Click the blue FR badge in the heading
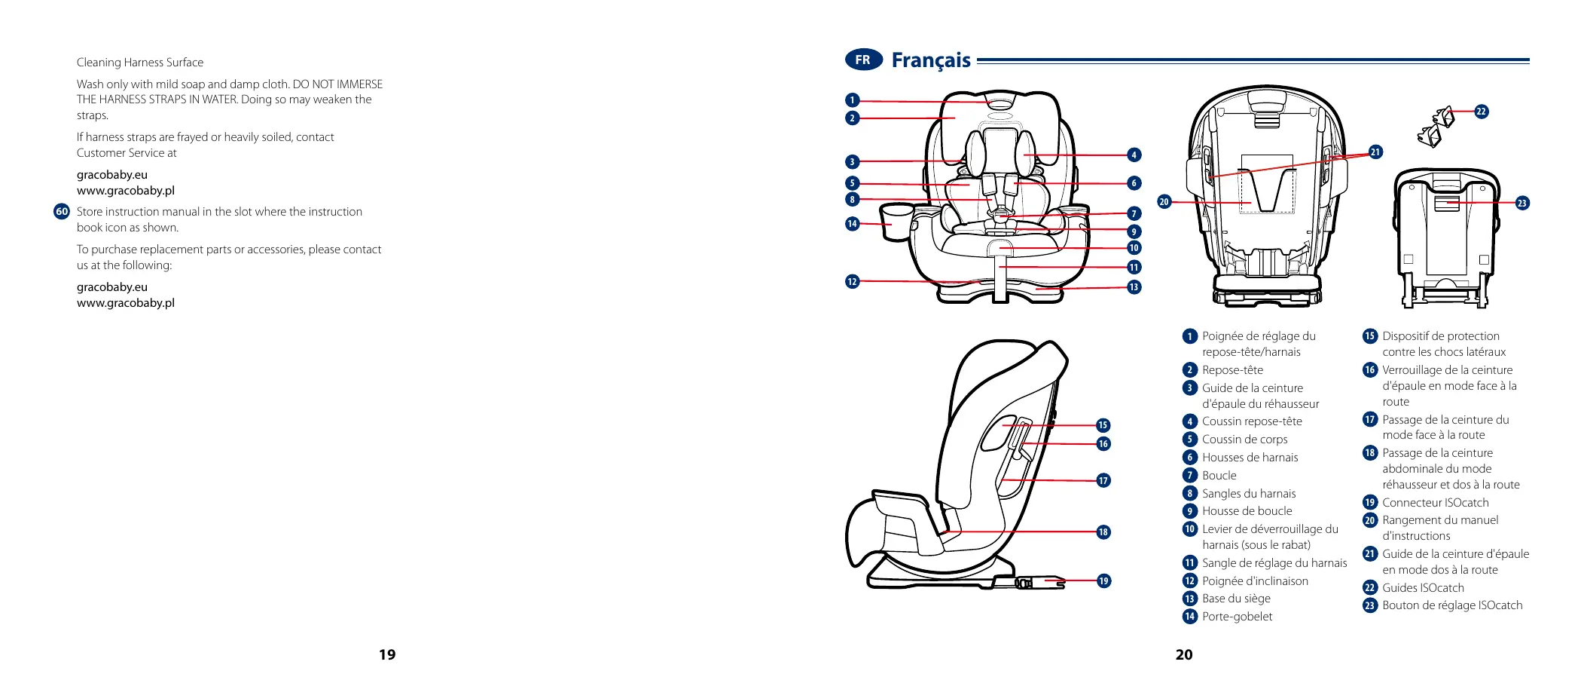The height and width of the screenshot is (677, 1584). coord(863,60)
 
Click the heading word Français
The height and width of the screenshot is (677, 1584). coord(931,60)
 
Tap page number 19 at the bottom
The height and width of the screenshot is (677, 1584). coord(387,654)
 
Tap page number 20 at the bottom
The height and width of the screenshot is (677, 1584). coord(1184,654)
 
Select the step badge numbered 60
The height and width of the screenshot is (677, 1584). coord(62,212)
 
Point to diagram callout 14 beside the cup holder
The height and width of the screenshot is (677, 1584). coord(852,224)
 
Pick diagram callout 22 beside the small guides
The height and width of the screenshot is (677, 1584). coord(1481,112)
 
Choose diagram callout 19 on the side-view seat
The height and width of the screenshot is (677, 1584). coord(1103,581)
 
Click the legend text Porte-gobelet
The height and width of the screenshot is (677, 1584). coord(1237,617)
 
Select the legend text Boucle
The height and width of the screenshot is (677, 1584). coord(1219,476)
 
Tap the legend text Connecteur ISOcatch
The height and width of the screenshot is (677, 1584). coord(1435,503)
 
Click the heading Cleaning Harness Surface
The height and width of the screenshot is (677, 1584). coord(140,63)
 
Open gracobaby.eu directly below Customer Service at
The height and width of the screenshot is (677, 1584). coord(112,175)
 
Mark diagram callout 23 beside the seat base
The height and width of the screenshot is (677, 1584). coord(1521,203)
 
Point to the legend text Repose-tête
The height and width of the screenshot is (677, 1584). coord(1232,370)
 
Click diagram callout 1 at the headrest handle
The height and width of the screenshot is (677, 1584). coord(852,100)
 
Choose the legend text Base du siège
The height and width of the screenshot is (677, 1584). coord(1236,599)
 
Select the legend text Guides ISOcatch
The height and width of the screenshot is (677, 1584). coord(1423,588)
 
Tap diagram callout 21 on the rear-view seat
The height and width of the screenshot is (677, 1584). coord(1375,152)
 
